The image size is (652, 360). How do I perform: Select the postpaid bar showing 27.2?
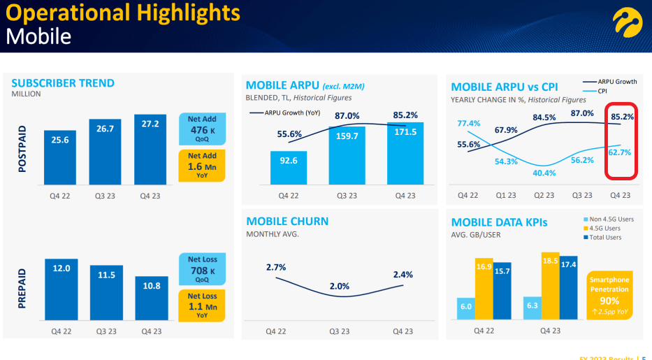point(150,150)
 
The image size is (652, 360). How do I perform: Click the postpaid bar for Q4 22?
point(60,158)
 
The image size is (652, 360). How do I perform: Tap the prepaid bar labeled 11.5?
point(106,294)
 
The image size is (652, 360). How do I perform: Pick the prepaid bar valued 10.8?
point(151,299)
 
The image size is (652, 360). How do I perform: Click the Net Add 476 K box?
point(203,130)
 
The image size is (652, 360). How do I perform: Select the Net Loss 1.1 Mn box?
point(203,305)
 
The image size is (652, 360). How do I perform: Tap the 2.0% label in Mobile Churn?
point(340,286)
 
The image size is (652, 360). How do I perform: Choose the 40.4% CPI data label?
point(544,173)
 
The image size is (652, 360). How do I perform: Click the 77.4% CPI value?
point(469,124)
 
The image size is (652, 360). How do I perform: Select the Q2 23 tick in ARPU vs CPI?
point(544,196)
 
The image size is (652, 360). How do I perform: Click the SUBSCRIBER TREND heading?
point(63,83)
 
